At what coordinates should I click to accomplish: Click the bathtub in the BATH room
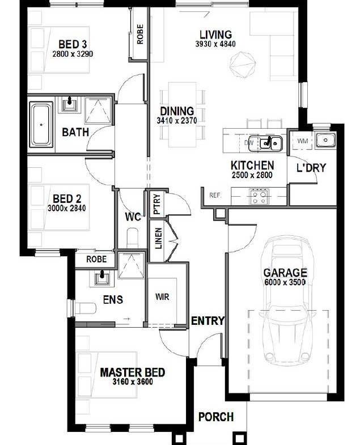click(41, 125)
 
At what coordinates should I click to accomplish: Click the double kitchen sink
click(269, 143)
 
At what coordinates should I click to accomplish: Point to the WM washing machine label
click(303, 141)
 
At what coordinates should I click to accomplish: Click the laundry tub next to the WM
click(325, 140)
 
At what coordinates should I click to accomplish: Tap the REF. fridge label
click(215, 195)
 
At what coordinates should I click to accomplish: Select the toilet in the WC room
click(133, 238)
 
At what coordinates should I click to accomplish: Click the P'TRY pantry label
click(156, 204)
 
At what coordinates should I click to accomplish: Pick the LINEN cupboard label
click(158, 239)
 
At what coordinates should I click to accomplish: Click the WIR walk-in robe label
click(162, 297)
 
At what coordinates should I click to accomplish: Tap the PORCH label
click(216, 417)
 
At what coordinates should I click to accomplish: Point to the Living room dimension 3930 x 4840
click(215, 44)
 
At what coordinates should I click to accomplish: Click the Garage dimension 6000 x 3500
click(285, 282)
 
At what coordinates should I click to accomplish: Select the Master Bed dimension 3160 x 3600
click(133, 382)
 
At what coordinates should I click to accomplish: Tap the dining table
click(183, 115)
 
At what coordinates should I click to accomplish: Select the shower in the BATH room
click(98, 111)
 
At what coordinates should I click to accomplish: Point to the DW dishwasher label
click(249, 143)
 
